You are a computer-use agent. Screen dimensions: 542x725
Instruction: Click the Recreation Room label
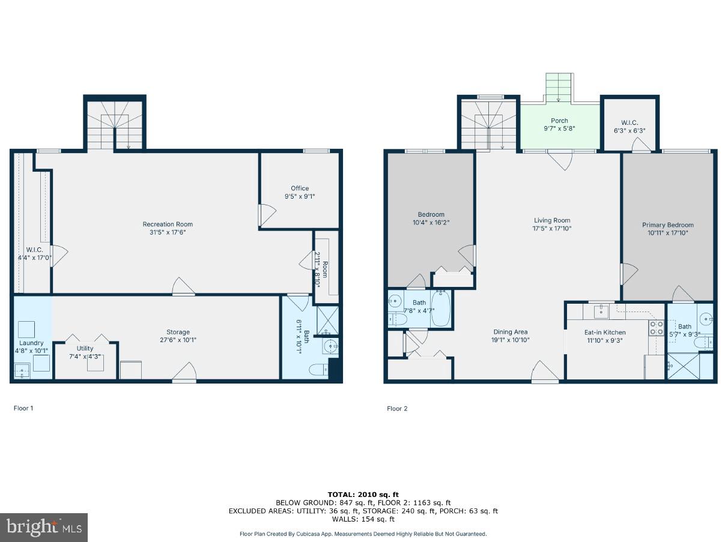pos(168,224)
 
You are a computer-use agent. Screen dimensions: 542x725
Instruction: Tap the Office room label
pos(300,188)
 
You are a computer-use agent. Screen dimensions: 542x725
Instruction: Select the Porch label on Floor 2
pos(559,121)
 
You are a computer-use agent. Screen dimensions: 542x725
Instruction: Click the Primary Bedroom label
pos(667,225)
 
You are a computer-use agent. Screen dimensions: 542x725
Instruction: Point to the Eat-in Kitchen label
pos(605,332)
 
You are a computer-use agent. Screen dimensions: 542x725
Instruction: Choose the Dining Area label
pos(511,332)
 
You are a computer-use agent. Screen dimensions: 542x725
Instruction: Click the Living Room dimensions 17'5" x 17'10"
pos(552,228)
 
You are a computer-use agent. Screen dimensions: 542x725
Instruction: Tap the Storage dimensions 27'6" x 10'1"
pos(178,340)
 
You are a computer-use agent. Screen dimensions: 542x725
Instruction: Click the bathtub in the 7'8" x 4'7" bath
pos(440,308)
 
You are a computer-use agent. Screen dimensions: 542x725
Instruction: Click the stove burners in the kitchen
pos(656,328)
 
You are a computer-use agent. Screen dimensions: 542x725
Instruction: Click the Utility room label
pos(85,349)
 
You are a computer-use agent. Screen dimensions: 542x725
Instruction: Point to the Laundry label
pos(31,343)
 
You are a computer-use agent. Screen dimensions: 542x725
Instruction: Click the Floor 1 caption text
pos(23,408)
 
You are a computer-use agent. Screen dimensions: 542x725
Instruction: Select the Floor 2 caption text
pos(397,409)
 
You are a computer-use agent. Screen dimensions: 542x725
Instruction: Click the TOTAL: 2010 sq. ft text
pos(363,494)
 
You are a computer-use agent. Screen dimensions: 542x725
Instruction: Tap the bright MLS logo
pos(44,527)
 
